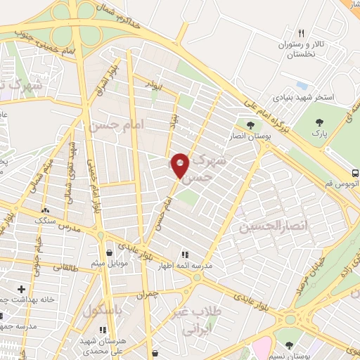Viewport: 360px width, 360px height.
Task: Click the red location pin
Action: click(x=181, y=165)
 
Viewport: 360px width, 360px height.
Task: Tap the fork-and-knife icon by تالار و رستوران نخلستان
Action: click(x=302, y=33)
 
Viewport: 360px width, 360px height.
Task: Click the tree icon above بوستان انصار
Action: click(x=250, y=125)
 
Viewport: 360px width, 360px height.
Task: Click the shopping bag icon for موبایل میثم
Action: click(x=108, y=253)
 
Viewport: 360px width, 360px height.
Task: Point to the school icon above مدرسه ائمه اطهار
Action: click(x=186, y=255)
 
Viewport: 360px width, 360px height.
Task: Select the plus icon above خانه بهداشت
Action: click(x=21, y=289)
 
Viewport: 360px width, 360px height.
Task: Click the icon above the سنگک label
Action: click(x=46, y=210)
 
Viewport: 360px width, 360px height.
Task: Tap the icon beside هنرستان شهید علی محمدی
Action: click(x=103, y=329)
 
